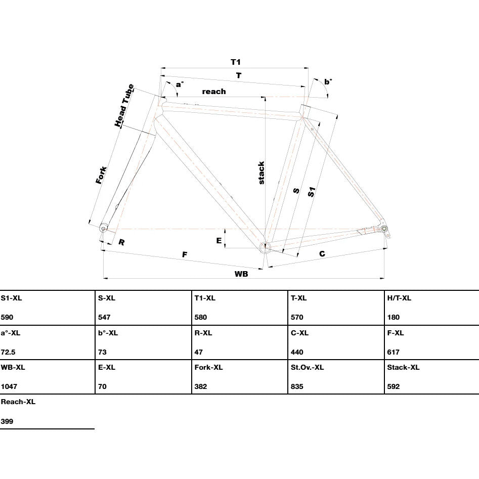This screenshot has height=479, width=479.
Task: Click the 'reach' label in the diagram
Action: (214, 92)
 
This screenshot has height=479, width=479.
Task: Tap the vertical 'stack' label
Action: (262, 173)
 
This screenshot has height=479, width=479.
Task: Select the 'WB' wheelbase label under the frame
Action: (241, 274)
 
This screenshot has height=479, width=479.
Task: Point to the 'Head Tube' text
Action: (124, 105)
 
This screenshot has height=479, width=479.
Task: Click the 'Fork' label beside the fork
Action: (101, 175)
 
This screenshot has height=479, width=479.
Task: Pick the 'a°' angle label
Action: (180, 84)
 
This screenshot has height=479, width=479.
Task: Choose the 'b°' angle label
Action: (328, 81)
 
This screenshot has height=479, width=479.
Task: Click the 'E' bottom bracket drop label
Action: (219, 240)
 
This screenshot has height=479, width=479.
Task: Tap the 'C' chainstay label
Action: (322, 253)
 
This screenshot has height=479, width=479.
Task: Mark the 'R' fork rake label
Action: (121, 242)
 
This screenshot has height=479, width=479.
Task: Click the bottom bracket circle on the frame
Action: (265, 247)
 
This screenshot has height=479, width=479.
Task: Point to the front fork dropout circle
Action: (103, 229)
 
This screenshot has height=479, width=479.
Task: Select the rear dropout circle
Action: (383, 229)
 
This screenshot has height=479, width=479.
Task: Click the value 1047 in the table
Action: (9, 386)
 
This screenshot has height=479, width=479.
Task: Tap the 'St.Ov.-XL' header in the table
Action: (307, 367)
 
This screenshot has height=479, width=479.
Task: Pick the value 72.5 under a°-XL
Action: (8, 352)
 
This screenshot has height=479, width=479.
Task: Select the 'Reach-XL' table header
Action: (18, 402)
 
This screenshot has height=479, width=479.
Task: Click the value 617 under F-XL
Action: (393, 352)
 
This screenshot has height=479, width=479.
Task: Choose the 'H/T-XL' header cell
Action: (399, 298)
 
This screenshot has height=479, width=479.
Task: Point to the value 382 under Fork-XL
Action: (201, 386)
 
